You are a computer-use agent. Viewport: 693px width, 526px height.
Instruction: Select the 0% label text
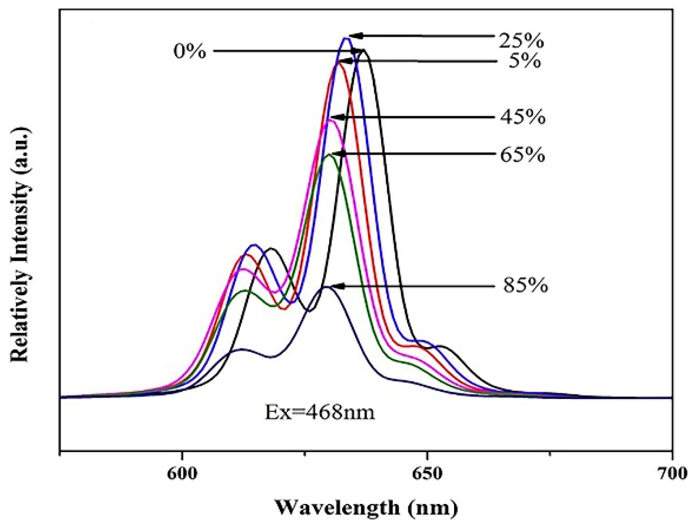pos(190,51)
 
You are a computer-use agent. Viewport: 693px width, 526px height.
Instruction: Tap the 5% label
pos(524,61)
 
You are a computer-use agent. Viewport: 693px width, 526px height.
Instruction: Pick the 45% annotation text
pos(523,117)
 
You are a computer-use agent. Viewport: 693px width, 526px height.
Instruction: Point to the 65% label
pos(522,154)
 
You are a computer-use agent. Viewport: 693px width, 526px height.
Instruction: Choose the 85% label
pos(525,285)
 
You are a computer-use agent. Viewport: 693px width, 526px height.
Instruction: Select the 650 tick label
pos(427,474)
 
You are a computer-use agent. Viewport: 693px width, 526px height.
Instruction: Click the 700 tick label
pos(672,474)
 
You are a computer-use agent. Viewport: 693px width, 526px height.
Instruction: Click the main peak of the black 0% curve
pos(365,51)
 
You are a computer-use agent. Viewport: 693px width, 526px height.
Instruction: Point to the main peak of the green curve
pos(329,154)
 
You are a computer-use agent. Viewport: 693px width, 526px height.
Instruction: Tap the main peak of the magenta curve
pos(331,121)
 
